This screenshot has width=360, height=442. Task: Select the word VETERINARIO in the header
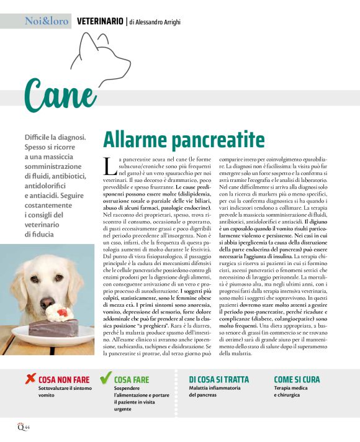point(99,21)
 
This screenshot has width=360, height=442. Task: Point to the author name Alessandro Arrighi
point(155,22)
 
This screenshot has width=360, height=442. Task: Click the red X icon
point(29,377)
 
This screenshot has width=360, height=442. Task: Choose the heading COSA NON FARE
point(64,379)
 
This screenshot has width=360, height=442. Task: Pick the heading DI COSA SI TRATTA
point(218,379)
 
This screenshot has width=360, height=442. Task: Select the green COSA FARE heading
point(132,379)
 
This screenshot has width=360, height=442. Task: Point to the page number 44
point(27,428)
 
